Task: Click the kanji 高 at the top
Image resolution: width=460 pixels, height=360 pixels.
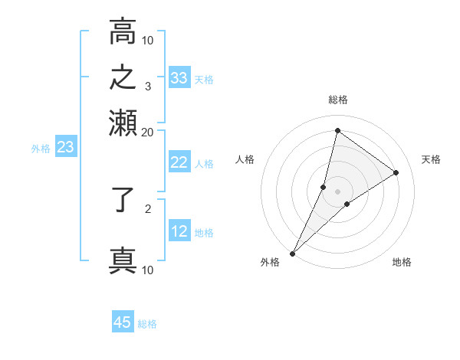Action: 123,32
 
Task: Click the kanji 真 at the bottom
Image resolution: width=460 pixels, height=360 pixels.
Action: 123,260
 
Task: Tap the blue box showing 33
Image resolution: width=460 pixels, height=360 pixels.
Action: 179,78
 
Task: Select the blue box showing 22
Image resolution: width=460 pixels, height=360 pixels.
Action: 179,162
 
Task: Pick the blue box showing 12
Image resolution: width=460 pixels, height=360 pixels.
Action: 179,231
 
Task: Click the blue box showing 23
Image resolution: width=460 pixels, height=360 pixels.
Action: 65,148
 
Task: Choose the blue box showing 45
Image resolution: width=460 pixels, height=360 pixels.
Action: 123,322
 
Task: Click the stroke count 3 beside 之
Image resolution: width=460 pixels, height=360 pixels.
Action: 147,86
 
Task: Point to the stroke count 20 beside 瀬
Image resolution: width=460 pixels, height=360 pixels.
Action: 147,132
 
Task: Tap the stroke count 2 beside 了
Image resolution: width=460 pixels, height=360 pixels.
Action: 147,207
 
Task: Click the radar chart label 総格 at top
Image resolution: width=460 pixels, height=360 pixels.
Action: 337,100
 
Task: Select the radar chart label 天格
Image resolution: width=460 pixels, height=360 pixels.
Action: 431,159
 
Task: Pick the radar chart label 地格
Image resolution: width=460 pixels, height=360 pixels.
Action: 402,262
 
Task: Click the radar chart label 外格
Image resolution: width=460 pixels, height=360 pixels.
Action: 270,262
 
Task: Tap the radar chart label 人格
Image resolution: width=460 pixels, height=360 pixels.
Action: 245,159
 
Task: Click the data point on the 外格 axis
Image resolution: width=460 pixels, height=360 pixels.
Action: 292,253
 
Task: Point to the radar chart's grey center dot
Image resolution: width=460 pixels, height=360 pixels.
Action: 337,191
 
